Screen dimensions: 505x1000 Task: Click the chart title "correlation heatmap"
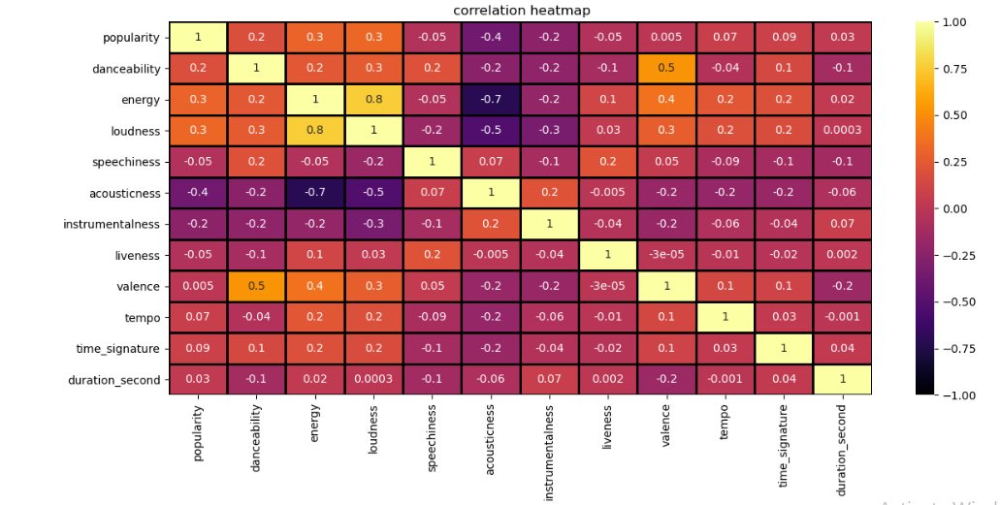pyautogui.click(x=521, y=11)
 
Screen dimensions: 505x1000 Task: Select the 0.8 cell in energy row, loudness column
pyautogui.click(x=373, y=99)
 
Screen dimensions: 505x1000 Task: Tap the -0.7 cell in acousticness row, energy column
pyautogui.click(x=315, y=193)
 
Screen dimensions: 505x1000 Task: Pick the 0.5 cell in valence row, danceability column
pyautogui.click(x=256, y=286)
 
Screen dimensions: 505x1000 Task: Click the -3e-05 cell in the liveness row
pyautogui.click(x=666, y=255)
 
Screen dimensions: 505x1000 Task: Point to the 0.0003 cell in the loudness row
pyautogui.click(x=842, y=130)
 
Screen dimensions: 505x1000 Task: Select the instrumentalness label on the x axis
pyautogui.click(x=549, y=453)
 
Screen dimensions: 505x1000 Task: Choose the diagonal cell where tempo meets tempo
pyautogui.click(x=725, y=317)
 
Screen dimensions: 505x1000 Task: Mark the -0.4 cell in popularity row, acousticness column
pyautogui.click(x=491, y=37)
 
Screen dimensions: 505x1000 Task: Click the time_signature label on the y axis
pyautogui.click(x=118, y=349)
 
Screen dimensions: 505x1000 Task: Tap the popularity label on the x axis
pyautogui.click(x=198, y=432)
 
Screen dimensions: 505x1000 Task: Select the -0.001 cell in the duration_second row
pyautogui.click(x=725, y=380)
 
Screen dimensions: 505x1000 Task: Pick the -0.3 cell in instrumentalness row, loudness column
pyautogui.click(x=373, y=224)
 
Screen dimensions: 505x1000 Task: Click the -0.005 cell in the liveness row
pyautogui.click(x=491, y=255)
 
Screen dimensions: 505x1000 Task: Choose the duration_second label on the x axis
pyautogui.click(x=842, y=450)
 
